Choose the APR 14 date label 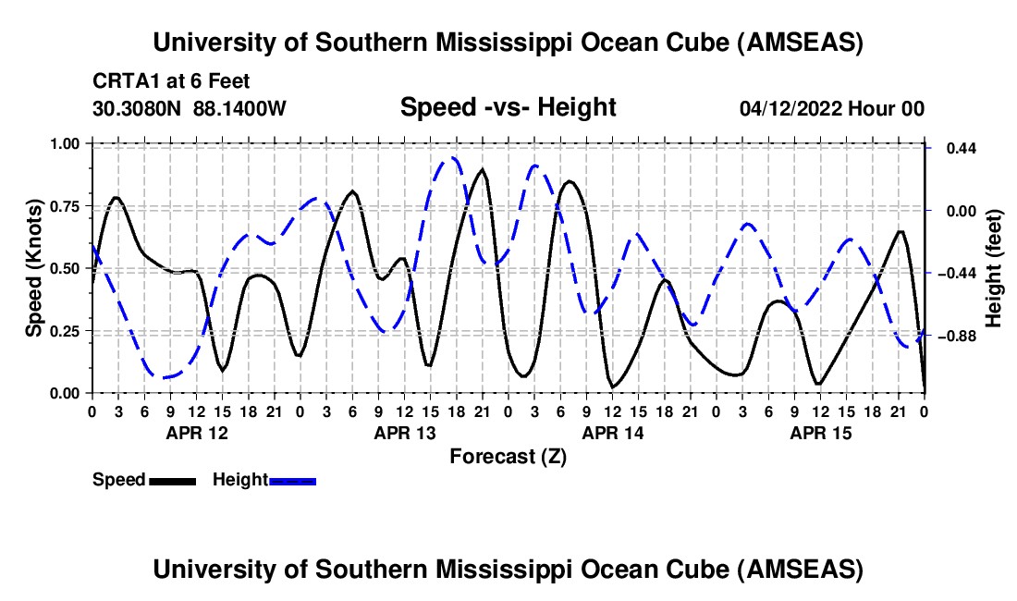(612, 433)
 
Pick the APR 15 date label (820, 433)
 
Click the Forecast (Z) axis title (508, 456)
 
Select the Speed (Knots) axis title (33, 267)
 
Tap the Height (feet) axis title (995, 267)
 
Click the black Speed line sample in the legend (171, 480)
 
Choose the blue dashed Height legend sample (292, 480)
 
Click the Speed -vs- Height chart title (508, 107)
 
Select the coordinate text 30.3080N (138, 109)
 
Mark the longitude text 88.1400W (239, 109)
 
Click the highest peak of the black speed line (482, 170)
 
